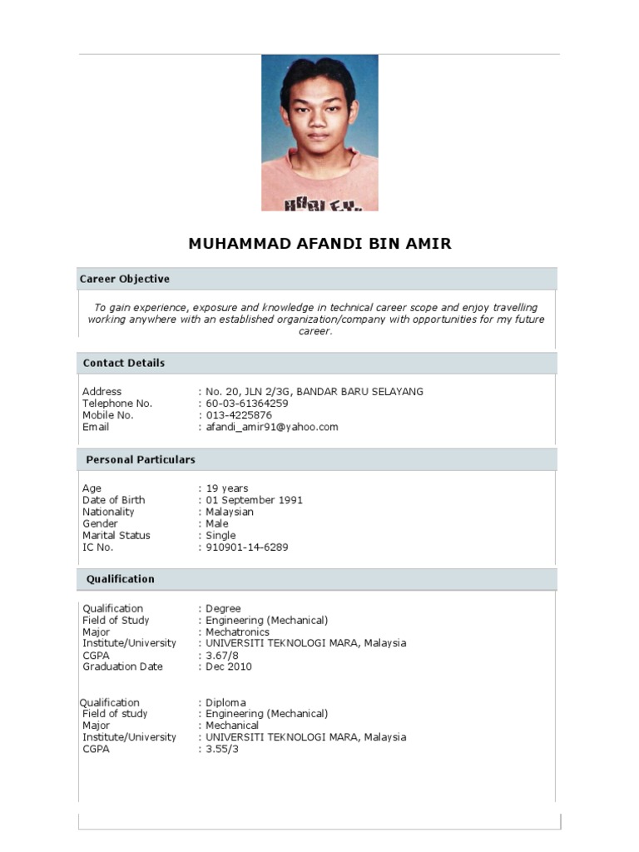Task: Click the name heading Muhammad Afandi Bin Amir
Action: click(x=319, y=244)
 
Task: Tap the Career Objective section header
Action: click(x=124, y=279)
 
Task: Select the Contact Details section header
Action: click(x=124, y=363)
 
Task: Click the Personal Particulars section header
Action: click(x=141, y=459)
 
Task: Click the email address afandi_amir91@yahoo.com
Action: click(x=272, y=427)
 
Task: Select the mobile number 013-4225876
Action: click(x=239, y=415)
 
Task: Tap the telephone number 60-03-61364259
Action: click(x=247, y=404)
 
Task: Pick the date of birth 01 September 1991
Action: click(x=255, y=500)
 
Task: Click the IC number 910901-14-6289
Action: click(x=247, y=547)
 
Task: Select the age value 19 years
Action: click(x=227, y=488)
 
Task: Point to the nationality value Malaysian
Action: click(x=230, y=512)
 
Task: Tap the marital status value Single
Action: click(x=221, y=536)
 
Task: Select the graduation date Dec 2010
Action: click(x=229, y=666)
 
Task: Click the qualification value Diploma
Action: click(x=226, y=702)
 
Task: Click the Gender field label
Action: click(x=100, y=524)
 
